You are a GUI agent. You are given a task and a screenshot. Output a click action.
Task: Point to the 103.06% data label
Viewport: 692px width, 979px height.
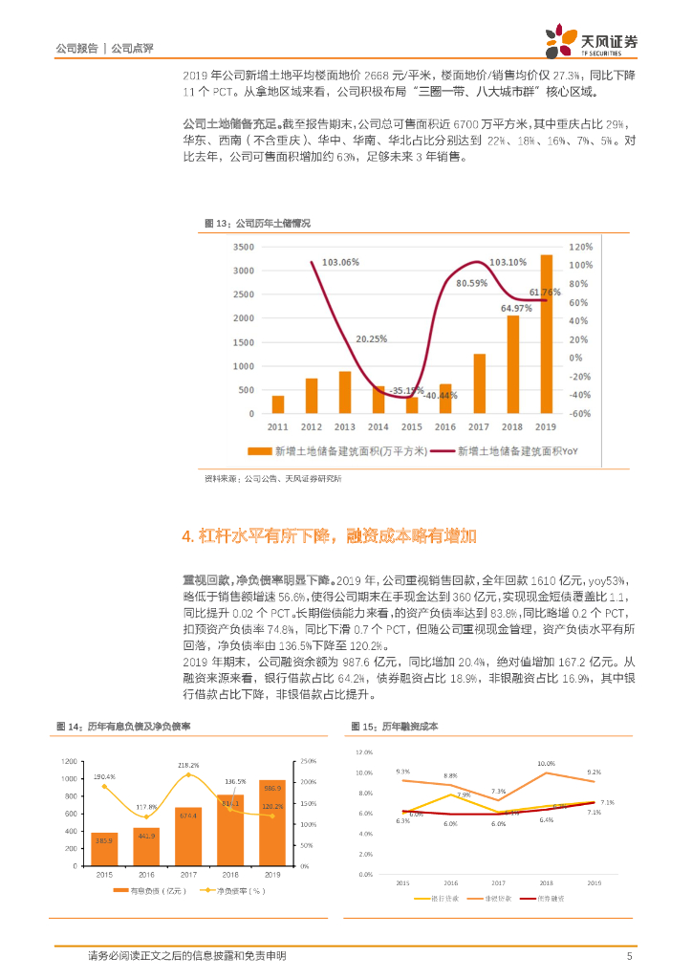[x=340, y=262]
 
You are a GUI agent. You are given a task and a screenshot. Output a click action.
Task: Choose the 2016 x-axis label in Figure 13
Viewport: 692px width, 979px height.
[x=445, y=426]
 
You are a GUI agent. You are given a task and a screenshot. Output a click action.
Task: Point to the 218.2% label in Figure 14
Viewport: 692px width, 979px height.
[x=188, y=765]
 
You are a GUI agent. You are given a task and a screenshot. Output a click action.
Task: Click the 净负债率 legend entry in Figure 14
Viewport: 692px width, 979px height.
[x=234, y=891]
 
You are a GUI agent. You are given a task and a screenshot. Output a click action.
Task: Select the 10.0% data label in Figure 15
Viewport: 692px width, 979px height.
[x=546, y=763]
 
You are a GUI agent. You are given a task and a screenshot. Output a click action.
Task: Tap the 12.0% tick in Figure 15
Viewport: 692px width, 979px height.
[x=364, y=752]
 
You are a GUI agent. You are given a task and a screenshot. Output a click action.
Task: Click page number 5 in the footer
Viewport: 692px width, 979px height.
[x=629, y=955]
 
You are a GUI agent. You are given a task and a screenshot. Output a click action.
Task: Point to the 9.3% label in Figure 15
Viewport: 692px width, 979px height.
[x=403, y=771]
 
